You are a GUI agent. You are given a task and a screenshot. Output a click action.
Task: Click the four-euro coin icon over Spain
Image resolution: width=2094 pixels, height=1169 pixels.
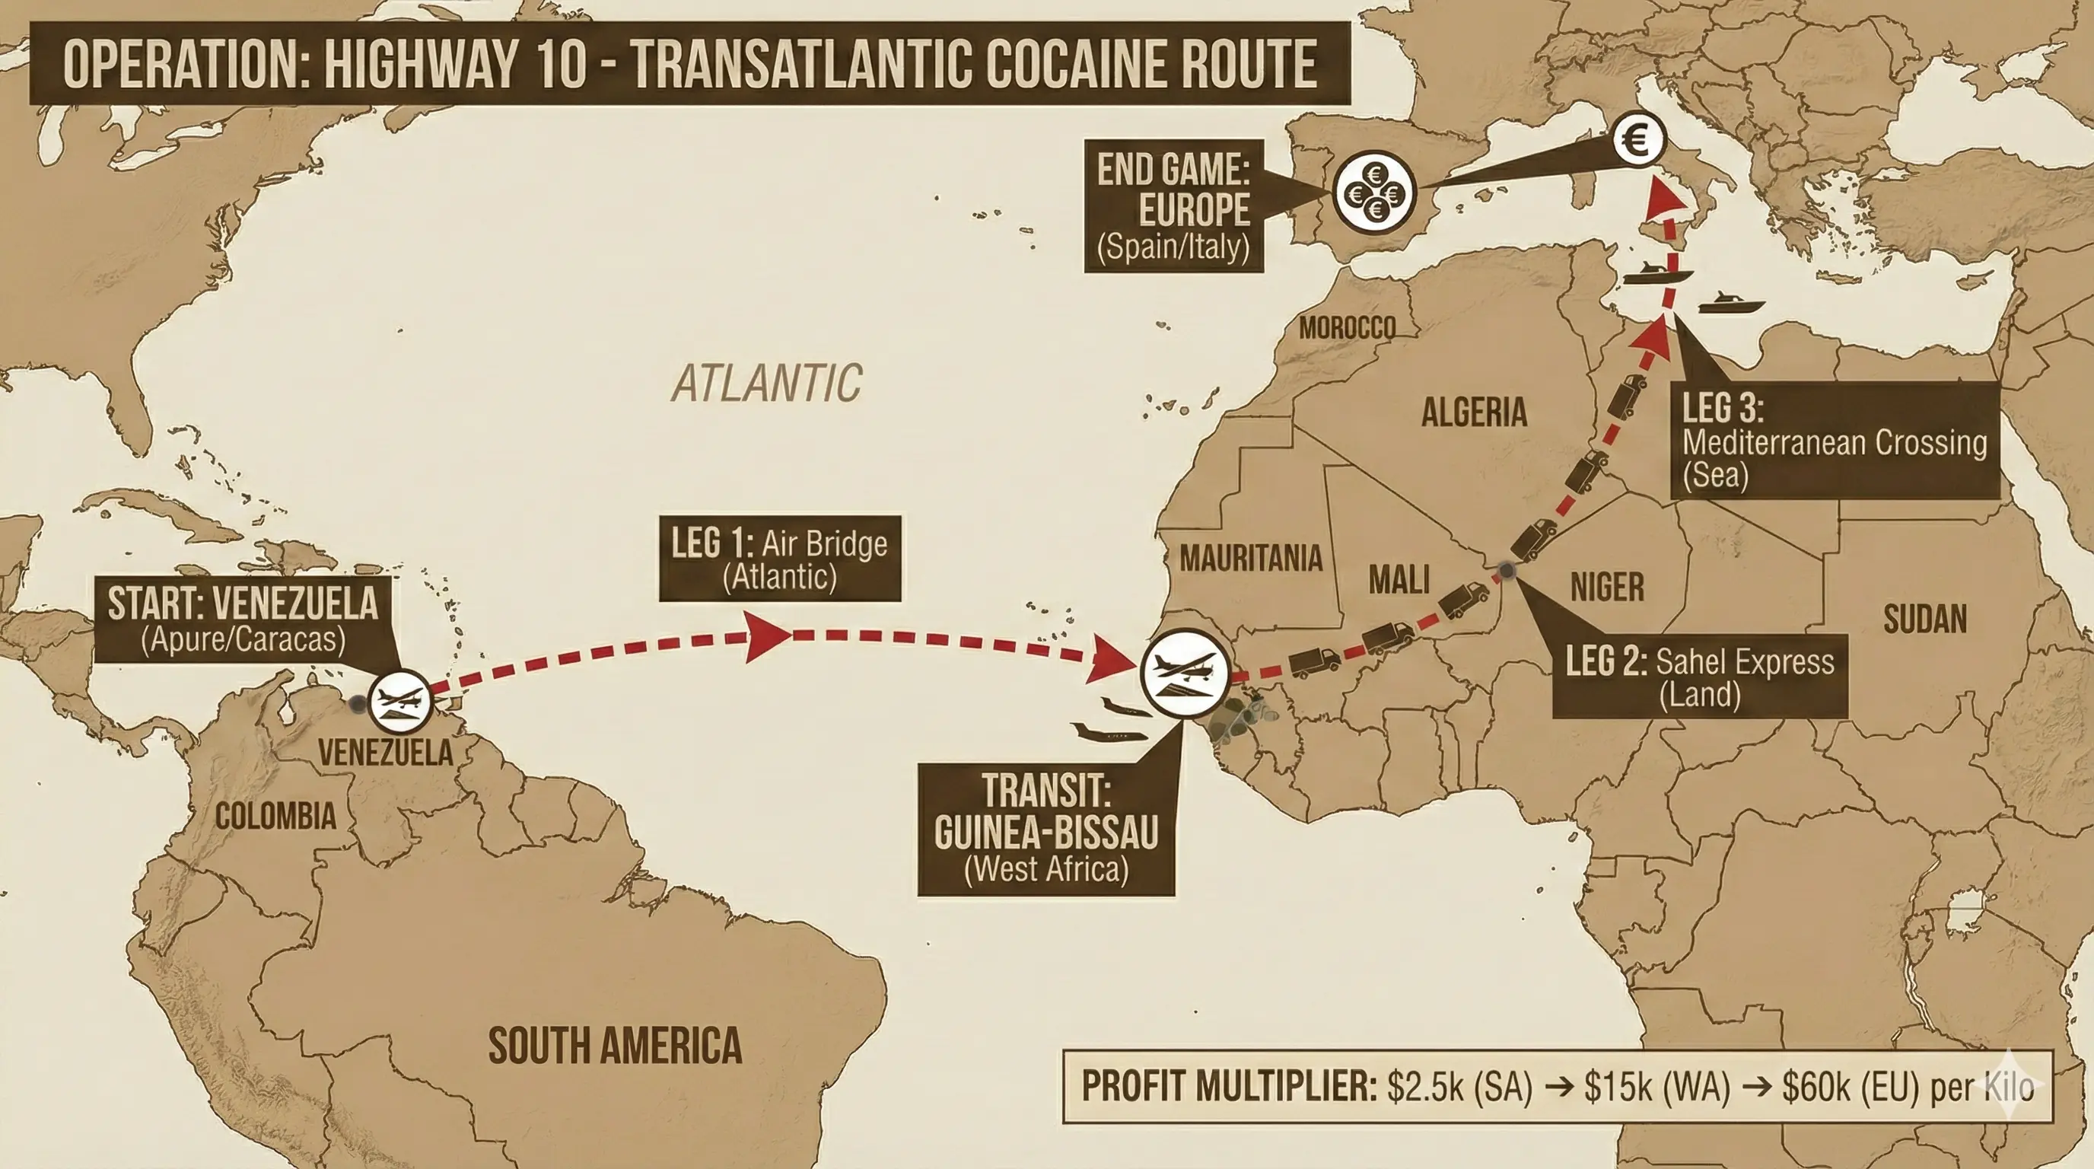(1373, 193)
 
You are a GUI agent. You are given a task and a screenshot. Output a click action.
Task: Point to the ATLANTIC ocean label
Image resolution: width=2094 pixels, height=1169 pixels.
(765, 383)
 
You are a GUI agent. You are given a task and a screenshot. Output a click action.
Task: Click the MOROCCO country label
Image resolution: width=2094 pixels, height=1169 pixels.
(1347, 329)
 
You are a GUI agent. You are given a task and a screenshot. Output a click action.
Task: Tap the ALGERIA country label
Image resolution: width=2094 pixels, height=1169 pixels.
(1474, 412)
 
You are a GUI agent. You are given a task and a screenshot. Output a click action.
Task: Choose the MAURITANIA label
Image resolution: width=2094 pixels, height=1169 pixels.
(1250, 559)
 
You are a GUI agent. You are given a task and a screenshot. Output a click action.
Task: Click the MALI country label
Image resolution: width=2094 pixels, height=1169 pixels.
(1399, 581)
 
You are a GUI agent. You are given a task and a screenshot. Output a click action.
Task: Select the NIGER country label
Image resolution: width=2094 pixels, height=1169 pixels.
(1607, 587)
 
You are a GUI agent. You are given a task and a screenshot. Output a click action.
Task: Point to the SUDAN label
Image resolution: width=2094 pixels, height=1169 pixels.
(1925, 620)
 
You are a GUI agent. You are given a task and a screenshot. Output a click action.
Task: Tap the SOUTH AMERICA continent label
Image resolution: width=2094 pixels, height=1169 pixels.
(615, 1046)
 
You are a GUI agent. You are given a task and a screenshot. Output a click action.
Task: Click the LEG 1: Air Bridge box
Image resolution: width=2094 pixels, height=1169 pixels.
(780, 559)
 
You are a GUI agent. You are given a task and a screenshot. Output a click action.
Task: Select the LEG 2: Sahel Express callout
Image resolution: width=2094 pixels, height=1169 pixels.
(1699, 677)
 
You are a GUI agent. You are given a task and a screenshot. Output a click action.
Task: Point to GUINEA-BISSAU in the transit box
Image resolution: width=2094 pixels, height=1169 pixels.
(1046, 831)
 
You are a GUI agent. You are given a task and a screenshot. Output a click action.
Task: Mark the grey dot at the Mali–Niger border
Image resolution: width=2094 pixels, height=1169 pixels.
(1507, 571)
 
